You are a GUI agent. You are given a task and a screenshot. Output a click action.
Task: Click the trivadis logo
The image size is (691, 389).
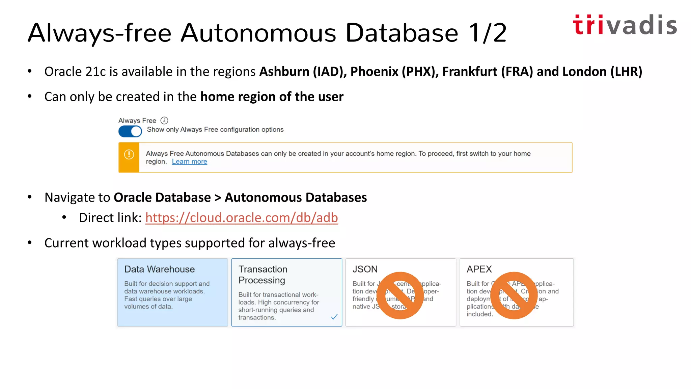pyautogui.click(x=625, y=25)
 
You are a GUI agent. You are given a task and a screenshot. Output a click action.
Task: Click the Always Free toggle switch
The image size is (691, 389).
pyautogui.click(x=130, y=131)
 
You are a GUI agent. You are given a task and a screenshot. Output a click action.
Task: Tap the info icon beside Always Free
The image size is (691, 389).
pyautogui.click(x=164, y=121)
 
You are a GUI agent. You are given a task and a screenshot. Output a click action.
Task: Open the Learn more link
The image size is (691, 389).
pyautogui.click(x=189, y=162)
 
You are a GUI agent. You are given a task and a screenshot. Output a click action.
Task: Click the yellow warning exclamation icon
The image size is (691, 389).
pyautogui.click(x=129, y=155)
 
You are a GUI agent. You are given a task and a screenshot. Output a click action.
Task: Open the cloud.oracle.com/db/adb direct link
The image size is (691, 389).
pyautogui.click(x=242, y=218)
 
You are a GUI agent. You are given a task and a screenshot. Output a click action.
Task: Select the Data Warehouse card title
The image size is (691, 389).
pyautogui.click(x=159, y=269)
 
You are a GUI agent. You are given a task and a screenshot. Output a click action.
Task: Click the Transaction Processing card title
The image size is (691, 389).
pyautogui.click(x=263, y=275)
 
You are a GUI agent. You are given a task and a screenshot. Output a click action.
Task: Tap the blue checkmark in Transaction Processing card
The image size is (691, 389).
pyautogui.click(x=334, y=317)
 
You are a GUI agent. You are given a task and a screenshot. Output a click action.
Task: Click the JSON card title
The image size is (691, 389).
pyautogui.click(x=365, y=269)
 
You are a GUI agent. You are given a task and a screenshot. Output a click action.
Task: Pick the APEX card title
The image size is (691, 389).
pyautogui.click(x=479, y=269)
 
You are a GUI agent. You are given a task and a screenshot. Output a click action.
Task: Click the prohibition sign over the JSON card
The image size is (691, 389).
pyautogui.click(x=400, y=295)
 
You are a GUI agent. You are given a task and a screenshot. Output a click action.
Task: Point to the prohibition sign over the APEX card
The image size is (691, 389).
pyautogui.click(x=514, y=295)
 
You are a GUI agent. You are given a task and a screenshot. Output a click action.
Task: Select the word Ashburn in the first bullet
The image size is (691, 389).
pyautogui.click(x=284, y=72)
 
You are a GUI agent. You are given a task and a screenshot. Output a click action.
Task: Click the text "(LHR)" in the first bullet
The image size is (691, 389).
pyautogui.click(x=626, y=72)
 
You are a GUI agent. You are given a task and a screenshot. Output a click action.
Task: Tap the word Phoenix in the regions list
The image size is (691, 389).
pyautogui.click(x=374, y=72)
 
